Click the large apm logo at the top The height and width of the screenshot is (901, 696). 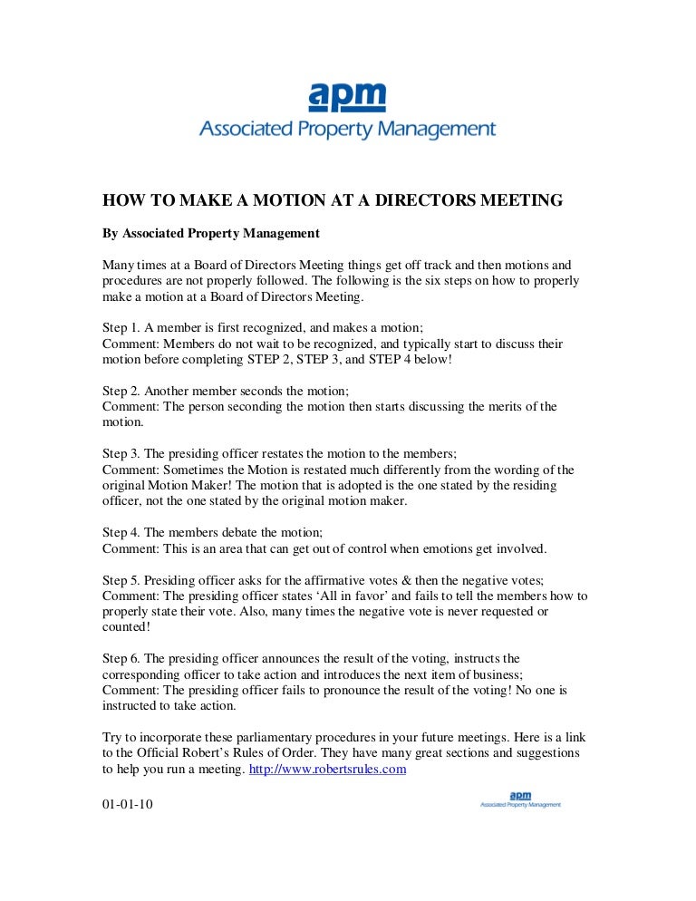click(x=347, y=110)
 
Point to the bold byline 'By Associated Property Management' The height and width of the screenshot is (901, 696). click(x=210, y=233)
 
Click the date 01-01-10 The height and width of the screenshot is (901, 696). click(x=128, y=803)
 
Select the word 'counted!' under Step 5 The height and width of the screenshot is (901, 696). click(x=127, y=626)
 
